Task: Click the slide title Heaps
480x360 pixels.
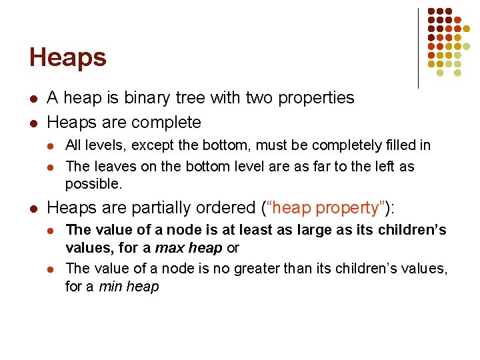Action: point(67,57)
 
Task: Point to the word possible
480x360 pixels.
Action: point(93,183)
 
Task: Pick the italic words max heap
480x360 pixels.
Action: point(189,248)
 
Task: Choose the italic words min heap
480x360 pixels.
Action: point(129,287)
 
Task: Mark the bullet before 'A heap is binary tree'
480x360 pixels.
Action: point(33,99)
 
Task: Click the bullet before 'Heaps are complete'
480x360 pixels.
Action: point(33,123)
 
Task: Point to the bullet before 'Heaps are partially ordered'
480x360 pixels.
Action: point(33,209)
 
